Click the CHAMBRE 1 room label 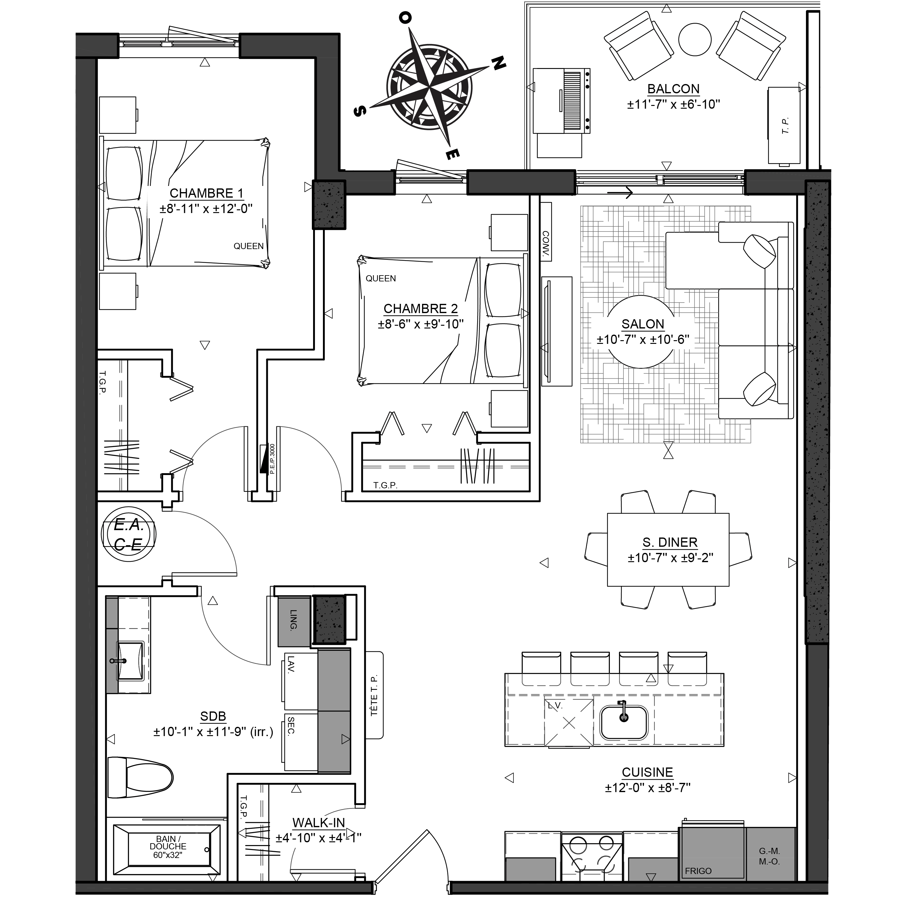click(206, 193)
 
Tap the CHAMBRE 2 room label click(421, 309)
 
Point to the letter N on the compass click(499, 63)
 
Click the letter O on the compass click(405, 18)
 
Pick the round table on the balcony click(695, 39)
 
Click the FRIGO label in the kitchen click(698, 871)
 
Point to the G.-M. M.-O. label click(770, 856)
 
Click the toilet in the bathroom click(140, 778)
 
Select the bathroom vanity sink click(130, 660)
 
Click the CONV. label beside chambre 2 click(546, 244)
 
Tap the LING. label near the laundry click(293, 620)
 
